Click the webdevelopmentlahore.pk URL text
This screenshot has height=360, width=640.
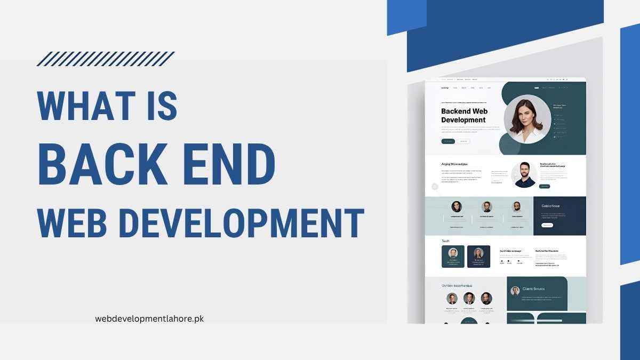(x=149, y=318)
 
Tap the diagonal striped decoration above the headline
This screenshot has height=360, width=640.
(x=106, y=59)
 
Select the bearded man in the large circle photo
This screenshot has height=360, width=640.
(x=524, y=175)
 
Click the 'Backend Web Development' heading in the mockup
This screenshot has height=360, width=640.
(x=464, y=116)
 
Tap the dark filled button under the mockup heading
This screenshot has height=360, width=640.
(x=448, y=141)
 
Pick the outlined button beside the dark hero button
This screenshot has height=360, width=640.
(x=463, y=141)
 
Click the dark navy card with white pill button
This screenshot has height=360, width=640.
(x=559, y=216)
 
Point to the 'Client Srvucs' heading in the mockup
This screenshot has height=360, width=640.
(x=534, y=289)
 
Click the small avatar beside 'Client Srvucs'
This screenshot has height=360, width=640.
(x=515, y=291)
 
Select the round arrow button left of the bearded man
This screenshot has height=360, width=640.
(x=435, y=186)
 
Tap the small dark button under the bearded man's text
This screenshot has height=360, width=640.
(x=545, y=187)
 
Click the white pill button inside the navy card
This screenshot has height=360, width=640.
(x=547, y=226)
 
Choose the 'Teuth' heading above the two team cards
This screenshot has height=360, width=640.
(x=445, y=241)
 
